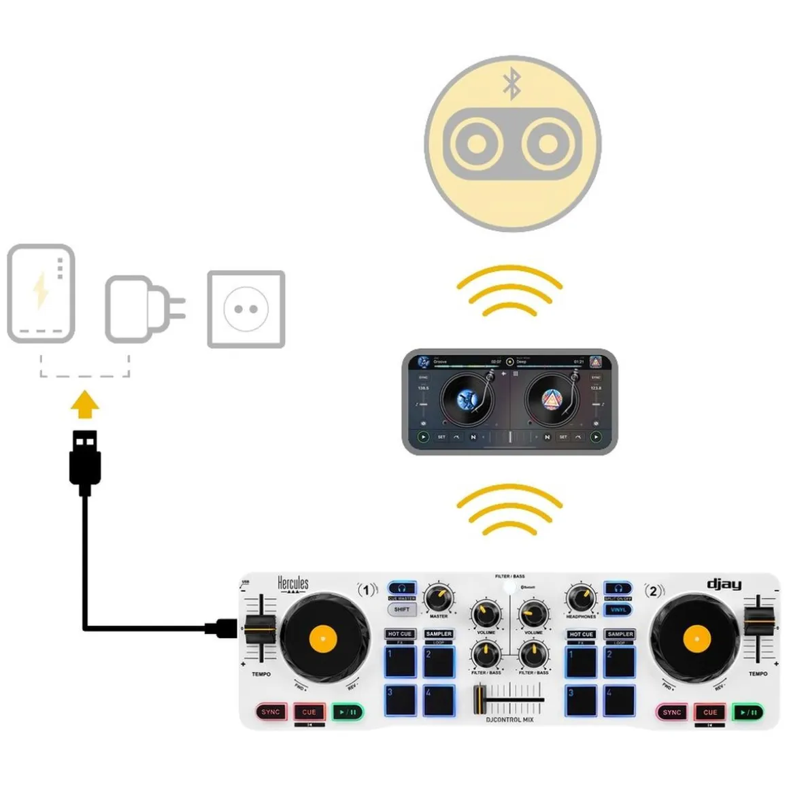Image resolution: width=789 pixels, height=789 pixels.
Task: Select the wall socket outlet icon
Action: pyautogui.click(x=246, y=309)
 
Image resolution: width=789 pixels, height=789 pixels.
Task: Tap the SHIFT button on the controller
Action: pyautogui.click(x=401, y=609)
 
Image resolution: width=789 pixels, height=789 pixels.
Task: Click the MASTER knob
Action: pyautogui.click(x=439, y=599)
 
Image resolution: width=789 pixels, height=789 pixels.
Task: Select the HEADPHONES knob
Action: pyautogui.click(x=580, y=599)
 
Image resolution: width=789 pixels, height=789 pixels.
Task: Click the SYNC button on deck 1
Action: pyautogui.click(x=271, y=712)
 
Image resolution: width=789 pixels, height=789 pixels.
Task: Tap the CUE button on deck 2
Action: pyautogui.click(x=710, y=712)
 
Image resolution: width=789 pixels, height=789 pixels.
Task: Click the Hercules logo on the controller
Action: pyautogui.click(x=292, y=584)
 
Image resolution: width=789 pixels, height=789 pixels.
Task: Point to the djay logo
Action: pyautogui.click(x=724, y=584)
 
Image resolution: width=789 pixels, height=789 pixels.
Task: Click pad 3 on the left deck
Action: pyautogui.click(x=401, y=701)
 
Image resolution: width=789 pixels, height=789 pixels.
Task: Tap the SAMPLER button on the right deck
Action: pyautogui.click(x=620, y=634)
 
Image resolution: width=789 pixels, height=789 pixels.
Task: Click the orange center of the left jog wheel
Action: pyautogui.click(x=323, y=638)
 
